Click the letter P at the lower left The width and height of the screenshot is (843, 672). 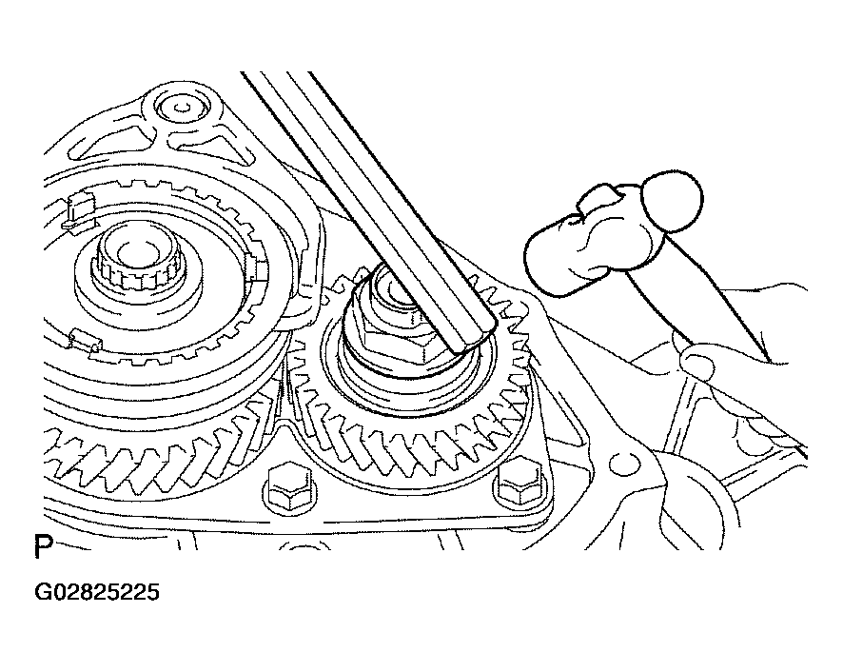point(43,546)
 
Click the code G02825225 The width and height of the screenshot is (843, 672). point(97,592)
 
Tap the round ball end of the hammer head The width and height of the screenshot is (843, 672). point(673,201)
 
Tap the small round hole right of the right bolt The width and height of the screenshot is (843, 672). point(622,461)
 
